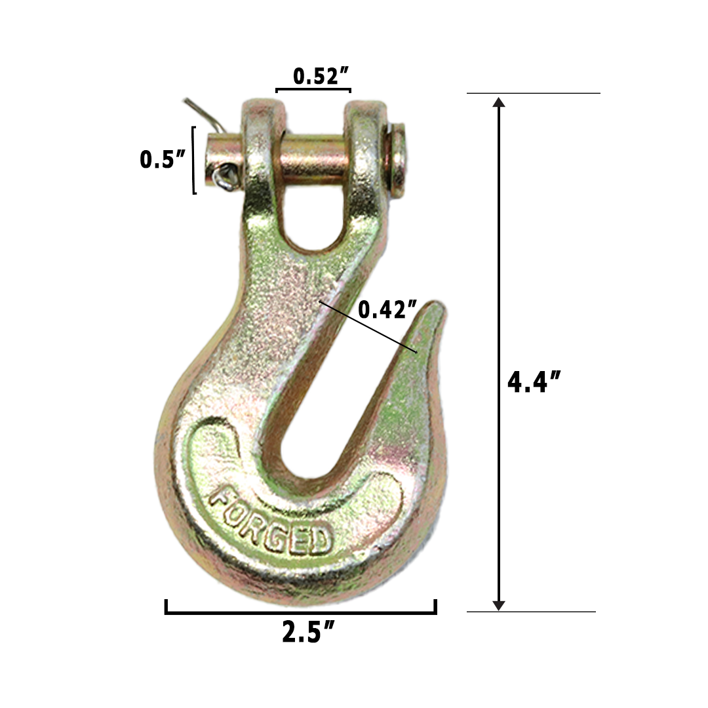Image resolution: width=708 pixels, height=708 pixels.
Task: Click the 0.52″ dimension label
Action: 320,77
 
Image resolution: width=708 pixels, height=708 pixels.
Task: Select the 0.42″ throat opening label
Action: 388,309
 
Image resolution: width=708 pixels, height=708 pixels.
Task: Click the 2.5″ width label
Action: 309,633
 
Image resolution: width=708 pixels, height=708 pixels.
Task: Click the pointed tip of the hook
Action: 435,307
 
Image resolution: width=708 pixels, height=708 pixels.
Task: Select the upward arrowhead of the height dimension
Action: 499,103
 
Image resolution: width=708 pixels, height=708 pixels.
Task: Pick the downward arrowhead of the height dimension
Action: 499,604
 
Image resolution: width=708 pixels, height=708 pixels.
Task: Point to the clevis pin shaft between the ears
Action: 313,155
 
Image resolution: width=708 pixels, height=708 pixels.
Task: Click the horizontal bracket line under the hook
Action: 300,612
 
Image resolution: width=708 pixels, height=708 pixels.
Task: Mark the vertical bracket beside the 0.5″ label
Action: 194,160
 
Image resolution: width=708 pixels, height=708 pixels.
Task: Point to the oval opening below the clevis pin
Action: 313,216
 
